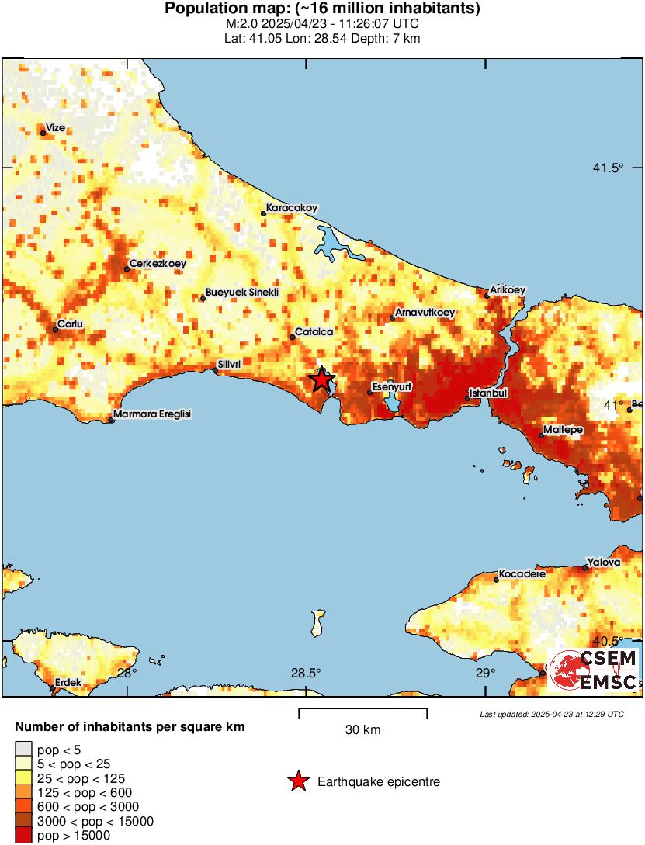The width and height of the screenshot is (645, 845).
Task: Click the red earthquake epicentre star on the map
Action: [x=321, y=379]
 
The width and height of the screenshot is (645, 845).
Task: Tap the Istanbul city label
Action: [x=488, y=393]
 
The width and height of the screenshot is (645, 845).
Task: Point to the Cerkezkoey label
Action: [x=158, y=264]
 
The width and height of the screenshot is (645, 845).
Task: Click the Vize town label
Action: [x=55, y=127]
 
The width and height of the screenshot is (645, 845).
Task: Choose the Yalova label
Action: [x=604, y=562]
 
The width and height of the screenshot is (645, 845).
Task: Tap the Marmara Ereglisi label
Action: [x=152, y=414]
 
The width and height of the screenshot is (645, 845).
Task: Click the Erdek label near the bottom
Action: [x=68, y=684]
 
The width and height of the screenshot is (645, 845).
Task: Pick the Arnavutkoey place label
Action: [x=425, y=313]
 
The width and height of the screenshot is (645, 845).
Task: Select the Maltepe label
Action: [x=563, y=429]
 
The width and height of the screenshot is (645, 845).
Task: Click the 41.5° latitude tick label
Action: [x=608, y=168]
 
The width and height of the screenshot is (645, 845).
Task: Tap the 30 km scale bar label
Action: [x=362, y=730]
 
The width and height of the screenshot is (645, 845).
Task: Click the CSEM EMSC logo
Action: [x=594, y=670]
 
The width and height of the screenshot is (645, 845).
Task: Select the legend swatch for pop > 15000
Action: [x=24, y=835]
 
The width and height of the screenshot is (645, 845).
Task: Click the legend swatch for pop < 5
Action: [x=24, y=750]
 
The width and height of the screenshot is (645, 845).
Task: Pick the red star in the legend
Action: [x=298, y=782]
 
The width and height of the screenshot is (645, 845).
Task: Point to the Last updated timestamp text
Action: [x=551, y=714]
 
